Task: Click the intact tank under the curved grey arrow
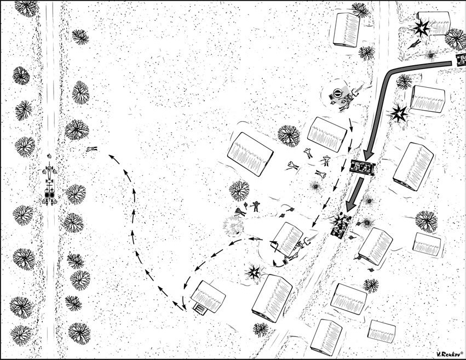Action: click(363, 167)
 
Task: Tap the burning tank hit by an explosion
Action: click(341, 226)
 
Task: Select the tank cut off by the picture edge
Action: click(461, 60)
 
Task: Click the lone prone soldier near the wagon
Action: click(92, 148)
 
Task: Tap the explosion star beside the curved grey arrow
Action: click(398, 114)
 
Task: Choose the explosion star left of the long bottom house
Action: click(254, 271)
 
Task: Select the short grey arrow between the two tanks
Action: click(355, 194)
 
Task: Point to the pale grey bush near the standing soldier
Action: click(233, 226)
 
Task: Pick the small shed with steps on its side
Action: click(200, 309)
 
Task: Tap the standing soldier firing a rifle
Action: click(256, 206)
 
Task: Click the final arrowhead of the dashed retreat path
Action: click(112, 157)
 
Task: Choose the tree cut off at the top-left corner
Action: click(26, 8)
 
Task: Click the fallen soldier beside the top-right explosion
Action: click(413, 44)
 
